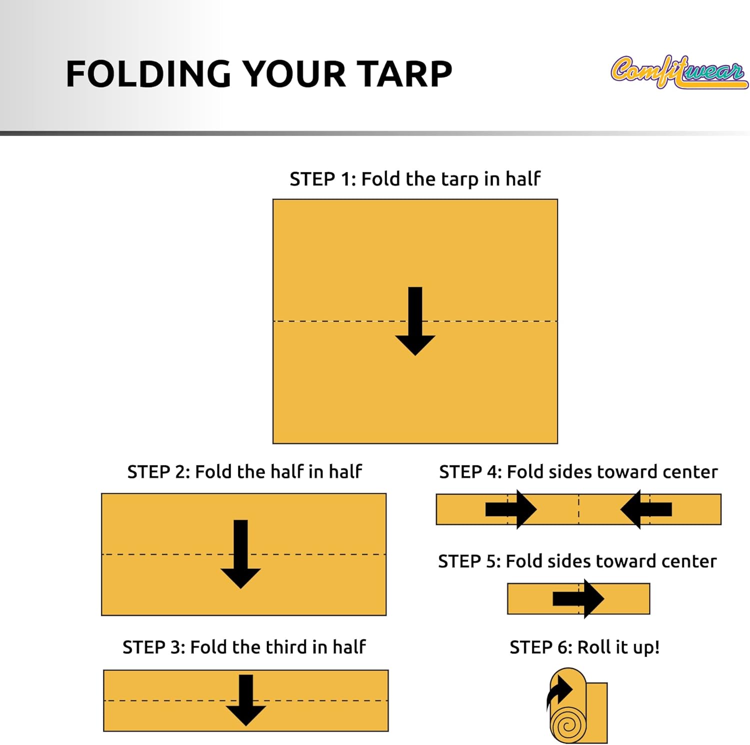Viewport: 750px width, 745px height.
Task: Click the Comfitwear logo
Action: tap(679, 72)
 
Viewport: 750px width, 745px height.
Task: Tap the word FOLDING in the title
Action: tap(148, 74)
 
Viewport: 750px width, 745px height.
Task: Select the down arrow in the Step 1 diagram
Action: tap(415, 321)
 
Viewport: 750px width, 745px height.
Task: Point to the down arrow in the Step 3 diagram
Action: tap(245, 699)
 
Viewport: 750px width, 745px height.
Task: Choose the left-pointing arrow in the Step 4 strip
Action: tap(646, 509)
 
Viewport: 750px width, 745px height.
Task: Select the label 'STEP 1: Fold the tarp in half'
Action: tap(415, 179)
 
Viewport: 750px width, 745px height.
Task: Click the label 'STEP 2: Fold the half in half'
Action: tap(244, 471)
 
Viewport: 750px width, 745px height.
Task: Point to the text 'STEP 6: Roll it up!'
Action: tap(584, 647)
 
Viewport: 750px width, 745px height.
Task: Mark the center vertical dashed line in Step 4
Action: tap(578, 509)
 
